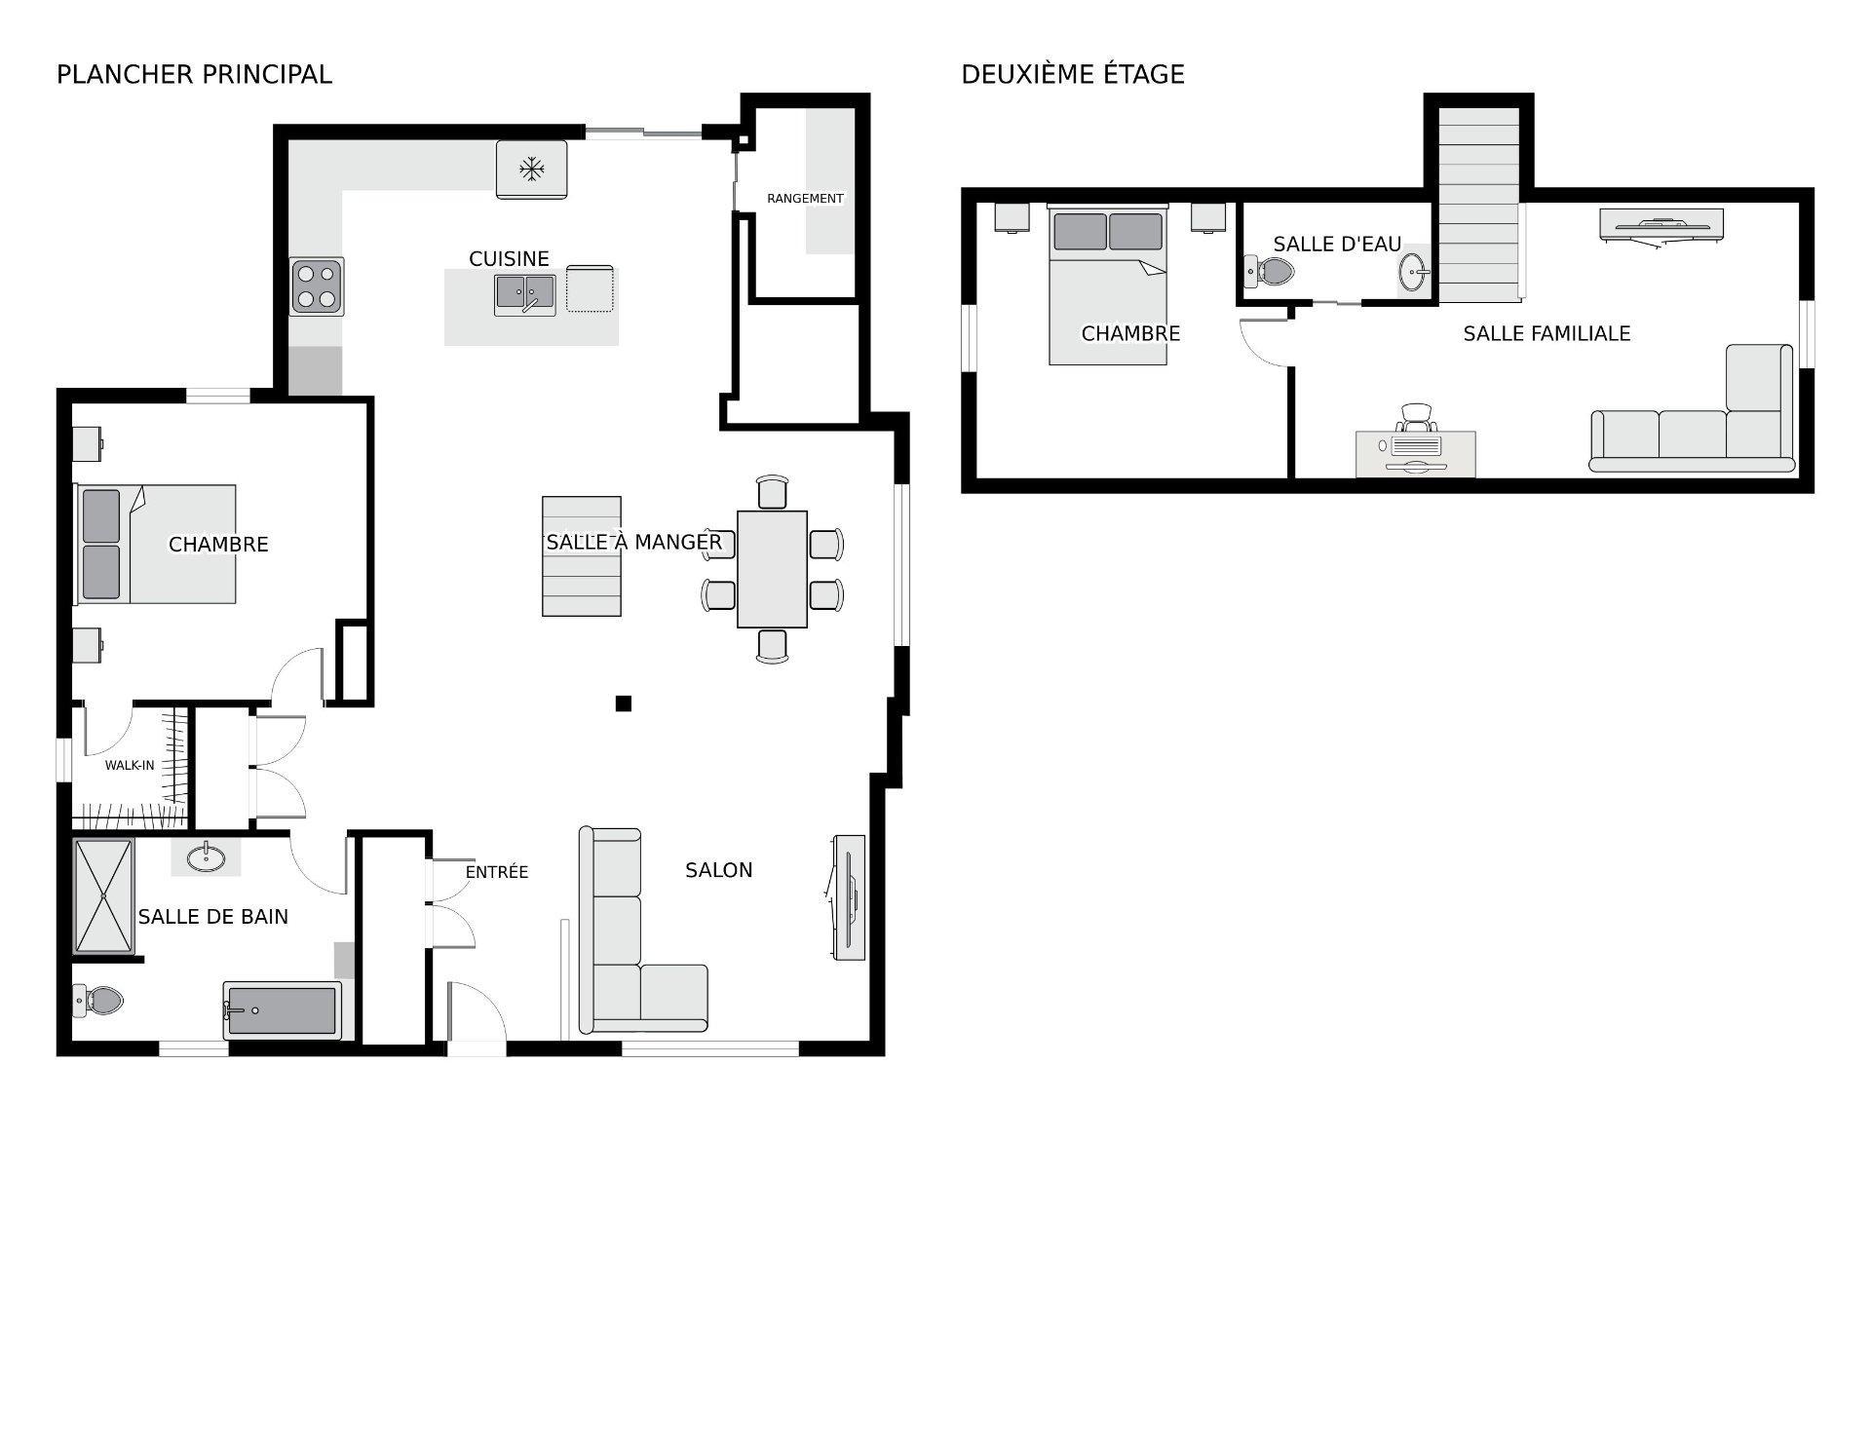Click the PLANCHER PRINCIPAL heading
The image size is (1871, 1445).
194,74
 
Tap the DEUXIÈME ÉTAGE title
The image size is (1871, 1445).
1073,74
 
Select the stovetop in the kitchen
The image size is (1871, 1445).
317,286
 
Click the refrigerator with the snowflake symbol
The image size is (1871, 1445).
531,170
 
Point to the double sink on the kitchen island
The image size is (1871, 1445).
525,294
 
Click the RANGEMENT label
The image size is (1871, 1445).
805,199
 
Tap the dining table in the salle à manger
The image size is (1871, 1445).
772,569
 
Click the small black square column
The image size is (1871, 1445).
624,703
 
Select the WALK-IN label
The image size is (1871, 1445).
130,765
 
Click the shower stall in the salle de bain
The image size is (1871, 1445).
103,895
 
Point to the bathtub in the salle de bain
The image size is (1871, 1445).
282,1010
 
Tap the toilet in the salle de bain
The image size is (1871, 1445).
97,1000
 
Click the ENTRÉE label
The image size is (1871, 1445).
497,872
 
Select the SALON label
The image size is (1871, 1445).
719,870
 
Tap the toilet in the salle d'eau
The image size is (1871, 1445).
1269,271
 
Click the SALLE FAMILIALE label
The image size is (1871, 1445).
1546,333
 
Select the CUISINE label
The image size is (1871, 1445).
509,259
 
